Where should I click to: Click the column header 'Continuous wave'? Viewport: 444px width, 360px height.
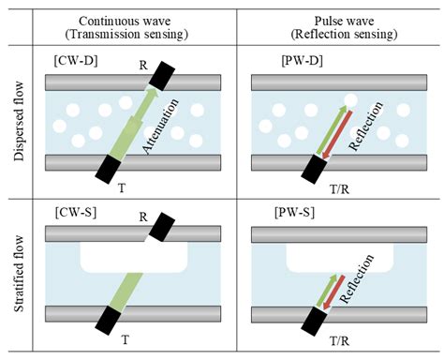[132, 20]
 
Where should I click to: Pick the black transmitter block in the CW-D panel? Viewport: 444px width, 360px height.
[108, 169]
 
